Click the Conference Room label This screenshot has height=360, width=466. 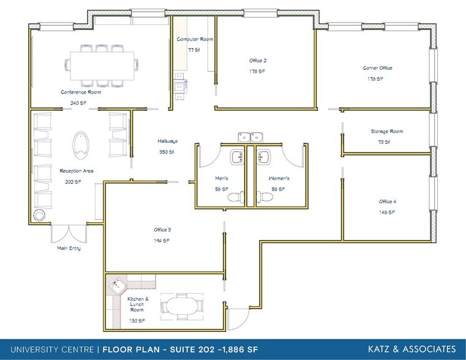[80, 92]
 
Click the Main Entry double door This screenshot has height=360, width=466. [69, 233]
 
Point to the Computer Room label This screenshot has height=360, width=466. [195, 39]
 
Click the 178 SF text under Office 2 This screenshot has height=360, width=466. [257, 72]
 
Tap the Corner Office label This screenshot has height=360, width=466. [377, 68]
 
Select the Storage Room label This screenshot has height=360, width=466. [386, 132]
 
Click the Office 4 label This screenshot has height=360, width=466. [386, 201]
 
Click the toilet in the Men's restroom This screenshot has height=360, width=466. [239, 197]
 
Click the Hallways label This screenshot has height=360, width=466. [167, 141]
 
